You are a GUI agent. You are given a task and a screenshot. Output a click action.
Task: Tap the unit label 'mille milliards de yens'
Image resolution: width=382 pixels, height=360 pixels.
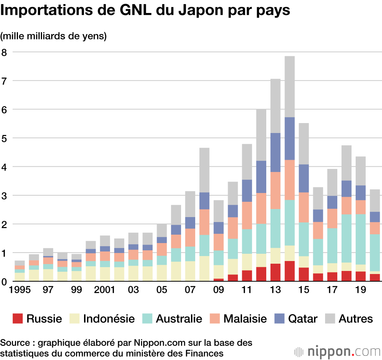[x=53, y=36]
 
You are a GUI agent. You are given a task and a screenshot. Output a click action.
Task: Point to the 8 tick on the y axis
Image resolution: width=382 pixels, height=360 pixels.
[x=5, y=52]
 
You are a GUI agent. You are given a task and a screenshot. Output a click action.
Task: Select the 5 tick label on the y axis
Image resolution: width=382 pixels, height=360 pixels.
[x=5, y=138]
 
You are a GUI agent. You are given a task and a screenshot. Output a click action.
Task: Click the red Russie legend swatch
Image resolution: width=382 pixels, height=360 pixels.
[x=18, y=318]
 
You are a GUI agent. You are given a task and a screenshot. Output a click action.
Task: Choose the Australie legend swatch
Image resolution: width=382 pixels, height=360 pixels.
[x=147, y=318]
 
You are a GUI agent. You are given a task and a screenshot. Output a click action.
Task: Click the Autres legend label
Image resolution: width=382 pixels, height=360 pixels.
[x=356, y=318]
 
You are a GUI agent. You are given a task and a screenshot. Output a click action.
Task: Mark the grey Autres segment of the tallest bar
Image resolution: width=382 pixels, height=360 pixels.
[x=290, y=86]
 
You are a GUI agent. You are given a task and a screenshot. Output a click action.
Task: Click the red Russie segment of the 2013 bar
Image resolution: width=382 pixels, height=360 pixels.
[x=275, y=272]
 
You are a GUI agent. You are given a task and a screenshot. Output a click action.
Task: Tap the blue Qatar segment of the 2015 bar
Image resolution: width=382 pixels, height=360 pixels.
[x=304, y=178]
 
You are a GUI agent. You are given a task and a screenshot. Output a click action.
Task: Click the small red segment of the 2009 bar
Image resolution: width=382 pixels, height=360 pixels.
[x=219, y=280]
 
